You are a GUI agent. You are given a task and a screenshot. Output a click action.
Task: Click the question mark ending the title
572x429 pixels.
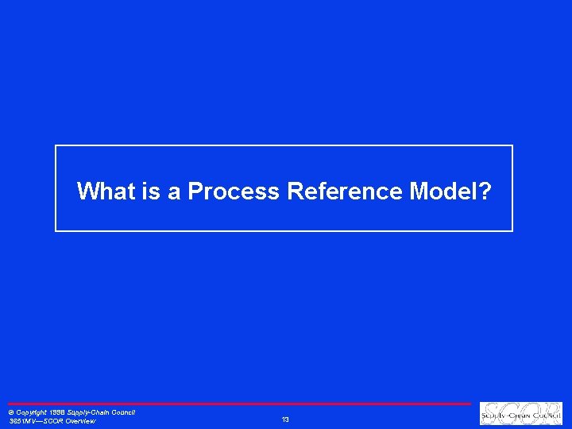click(485, 191)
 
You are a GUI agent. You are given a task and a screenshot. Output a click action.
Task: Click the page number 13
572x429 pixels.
click(285, 419)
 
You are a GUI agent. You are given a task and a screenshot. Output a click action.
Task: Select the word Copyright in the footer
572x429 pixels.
click(33, 412)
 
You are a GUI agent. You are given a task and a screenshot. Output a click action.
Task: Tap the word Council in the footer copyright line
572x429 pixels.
click(124, 412)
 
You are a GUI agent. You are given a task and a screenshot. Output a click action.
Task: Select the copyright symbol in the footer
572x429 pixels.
click(10, 412)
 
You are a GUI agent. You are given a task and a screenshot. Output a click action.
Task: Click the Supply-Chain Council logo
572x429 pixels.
click(520, 413)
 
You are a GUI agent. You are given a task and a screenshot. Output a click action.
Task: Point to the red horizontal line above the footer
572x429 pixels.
click(238, 404)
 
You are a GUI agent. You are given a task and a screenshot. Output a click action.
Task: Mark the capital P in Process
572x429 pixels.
click(195, 191)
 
